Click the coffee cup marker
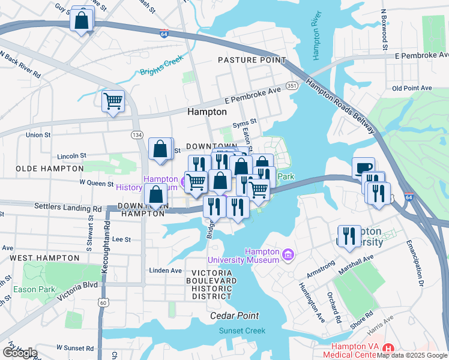364,168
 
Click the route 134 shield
138,134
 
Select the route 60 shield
103,302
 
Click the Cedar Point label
234,316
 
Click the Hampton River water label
318,43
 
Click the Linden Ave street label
165,271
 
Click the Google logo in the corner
20,353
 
